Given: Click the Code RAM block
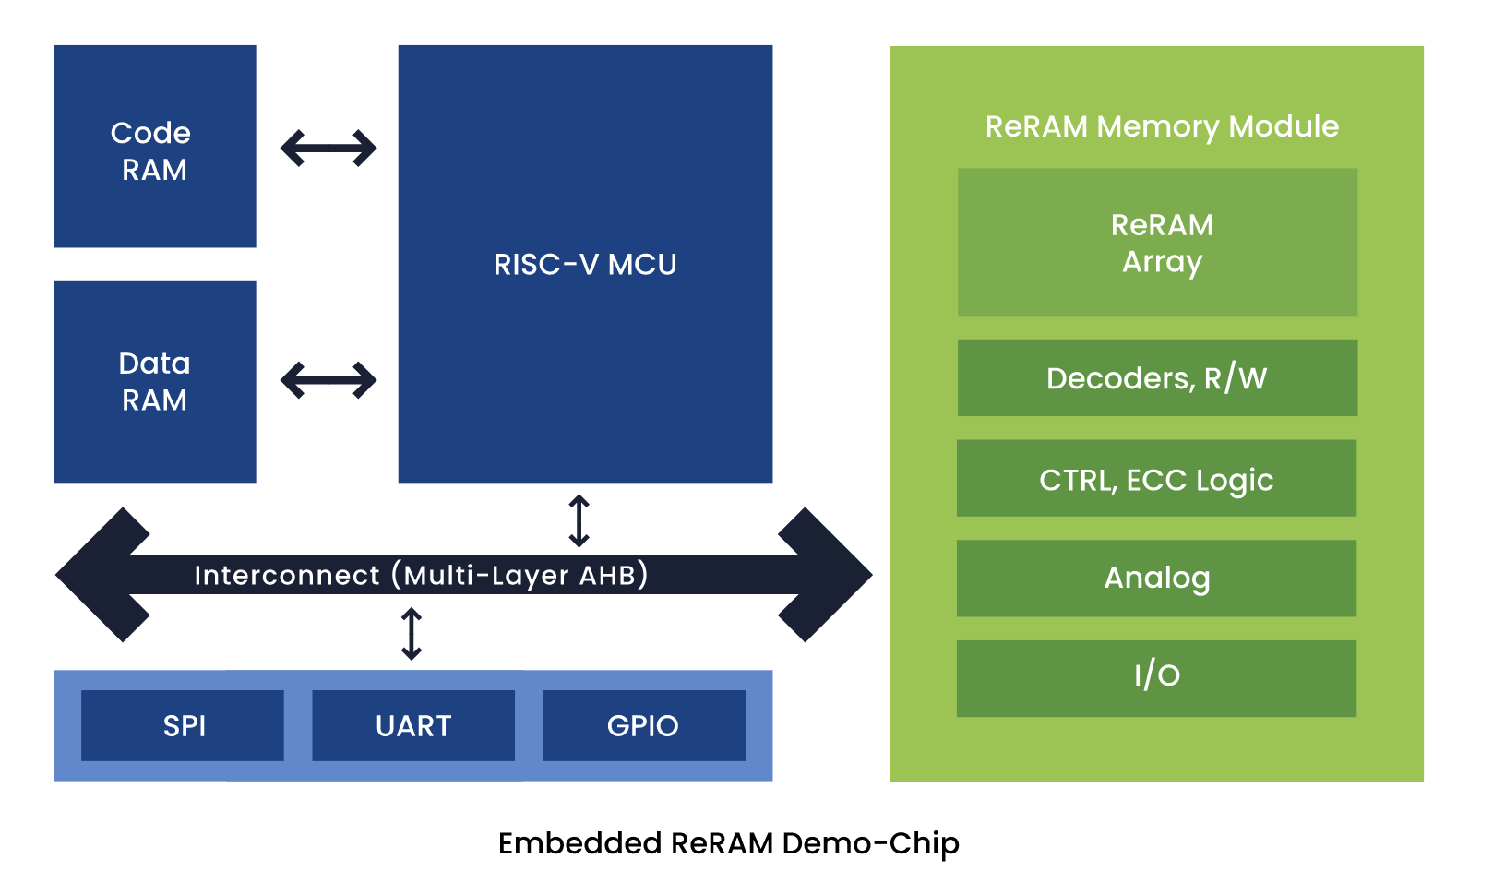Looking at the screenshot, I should (154, 147).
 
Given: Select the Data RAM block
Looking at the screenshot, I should (154, 382).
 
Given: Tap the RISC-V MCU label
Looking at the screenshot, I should (585, 265).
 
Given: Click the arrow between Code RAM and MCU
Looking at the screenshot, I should (328, 149).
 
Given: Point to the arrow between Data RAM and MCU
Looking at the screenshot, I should (328, 380).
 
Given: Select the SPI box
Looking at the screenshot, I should (183, 726).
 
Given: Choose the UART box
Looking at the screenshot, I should (413, 726).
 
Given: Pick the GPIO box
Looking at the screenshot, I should (644, 726).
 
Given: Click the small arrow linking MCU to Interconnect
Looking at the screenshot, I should (579, 520).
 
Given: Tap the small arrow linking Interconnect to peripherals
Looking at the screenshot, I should (412, 634).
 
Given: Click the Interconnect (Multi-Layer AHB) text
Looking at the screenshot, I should (421, 575).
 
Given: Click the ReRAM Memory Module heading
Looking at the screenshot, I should (1162, 126).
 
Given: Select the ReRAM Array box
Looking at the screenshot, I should (1157, 243).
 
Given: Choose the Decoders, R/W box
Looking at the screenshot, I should (1157, 378).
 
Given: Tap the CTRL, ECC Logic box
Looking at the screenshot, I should (1156, 479).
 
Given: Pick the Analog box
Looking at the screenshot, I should (1156, 579).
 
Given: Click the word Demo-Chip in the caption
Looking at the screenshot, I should (870, 843).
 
